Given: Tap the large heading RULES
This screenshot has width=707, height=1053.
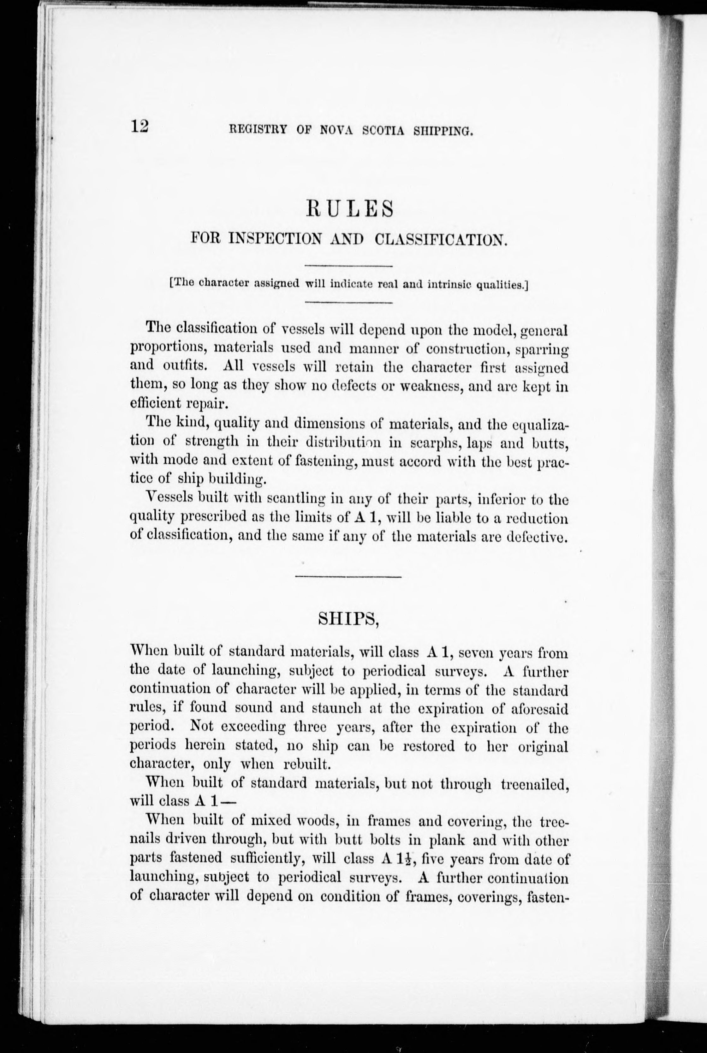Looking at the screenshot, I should pos(349,209).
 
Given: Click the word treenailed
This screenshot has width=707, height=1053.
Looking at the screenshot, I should pos(534,784).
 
